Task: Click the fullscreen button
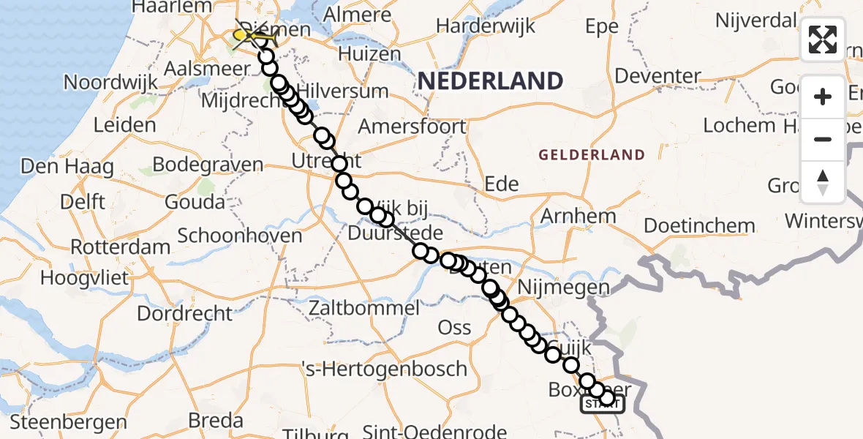pos(823,40)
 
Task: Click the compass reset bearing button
pos(823,182)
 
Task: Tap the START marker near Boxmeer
pos(603,403)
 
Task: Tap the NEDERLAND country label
pos(490,81)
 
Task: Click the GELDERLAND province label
pos(592,155)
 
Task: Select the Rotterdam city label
pos(121,247)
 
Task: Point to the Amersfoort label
pos(412,126)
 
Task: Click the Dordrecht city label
pos(184,314)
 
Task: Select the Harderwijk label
pos(486,26)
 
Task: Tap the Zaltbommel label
pos(364,307)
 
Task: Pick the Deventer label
pos(658,75)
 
